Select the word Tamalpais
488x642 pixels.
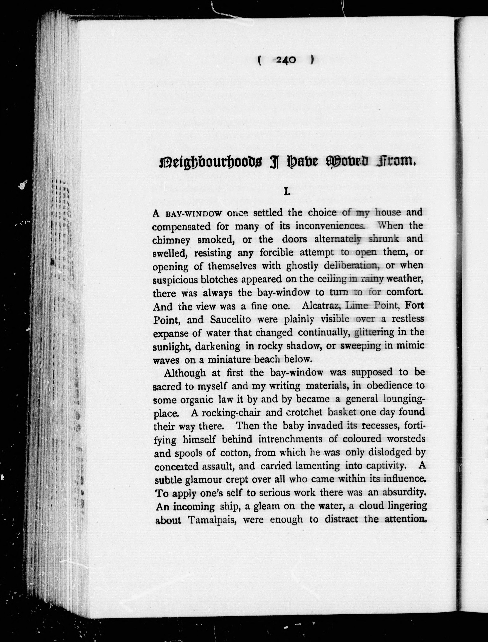213,520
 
